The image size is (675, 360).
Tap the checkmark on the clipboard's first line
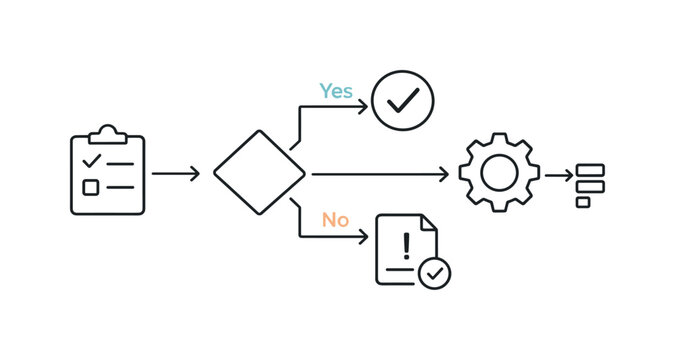pos(91,160)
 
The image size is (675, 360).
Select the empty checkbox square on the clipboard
pos(91,186)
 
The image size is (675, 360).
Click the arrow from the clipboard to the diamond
pos(175,174)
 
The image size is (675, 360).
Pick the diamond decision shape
pos(259,173)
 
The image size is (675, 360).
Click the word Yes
pos(336,91)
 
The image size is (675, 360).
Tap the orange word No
pos(335,220)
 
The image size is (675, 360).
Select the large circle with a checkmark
pos(402,101)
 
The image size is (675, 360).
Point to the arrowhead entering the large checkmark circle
pos(363,102)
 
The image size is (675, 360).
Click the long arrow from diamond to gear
pos(380,174)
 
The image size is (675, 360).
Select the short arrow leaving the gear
pos(558,174)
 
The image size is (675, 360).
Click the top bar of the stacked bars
pos(590,170)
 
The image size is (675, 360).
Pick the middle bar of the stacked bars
pos(590,185)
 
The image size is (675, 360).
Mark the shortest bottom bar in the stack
pos(583,201)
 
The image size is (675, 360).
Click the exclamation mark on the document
pos(406,246)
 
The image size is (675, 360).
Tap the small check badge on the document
pos(434,272)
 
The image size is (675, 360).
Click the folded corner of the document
pos(429,223)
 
